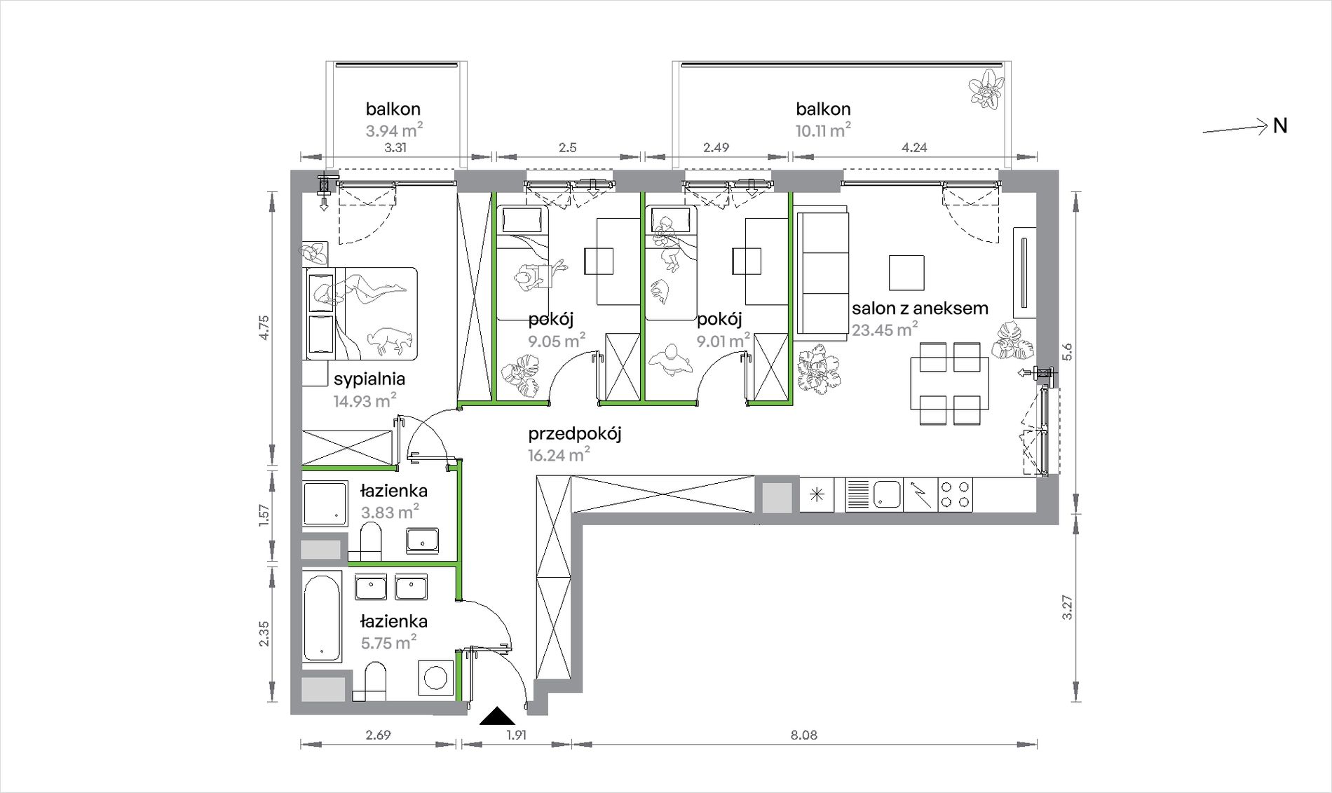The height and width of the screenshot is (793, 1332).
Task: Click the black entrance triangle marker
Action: click(x=498, y=715)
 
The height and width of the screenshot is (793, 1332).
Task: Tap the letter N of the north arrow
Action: click(x=1280, y=126)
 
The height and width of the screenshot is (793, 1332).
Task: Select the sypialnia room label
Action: click(x=369, y=379)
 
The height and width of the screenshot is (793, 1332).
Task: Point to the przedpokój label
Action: click(x=575, y=434)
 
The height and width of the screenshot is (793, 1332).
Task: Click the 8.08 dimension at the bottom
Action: click(x=803, y=736)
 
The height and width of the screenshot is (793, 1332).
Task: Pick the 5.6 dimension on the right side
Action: click(x=1068, y=351)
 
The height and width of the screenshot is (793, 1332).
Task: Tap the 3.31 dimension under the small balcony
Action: click(x=396, y=148)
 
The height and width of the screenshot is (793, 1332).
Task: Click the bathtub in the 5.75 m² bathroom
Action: click(x=322, y=616)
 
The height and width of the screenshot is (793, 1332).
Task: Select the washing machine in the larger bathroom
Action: click(x=437, y=679)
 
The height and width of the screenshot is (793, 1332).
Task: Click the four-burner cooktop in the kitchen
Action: click(x=955, y=494)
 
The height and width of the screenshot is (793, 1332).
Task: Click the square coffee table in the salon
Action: click(x=906, y=273)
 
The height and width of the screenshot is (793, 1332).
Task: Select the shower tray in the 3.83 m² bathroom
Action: click(x=325, y=503)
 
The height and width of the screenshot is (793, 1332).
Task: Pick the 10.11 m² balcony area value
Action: click(x=823, y=130)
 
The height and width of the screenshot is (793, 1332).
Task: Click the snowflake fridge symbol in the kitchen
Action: click(x=816, y=494)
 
